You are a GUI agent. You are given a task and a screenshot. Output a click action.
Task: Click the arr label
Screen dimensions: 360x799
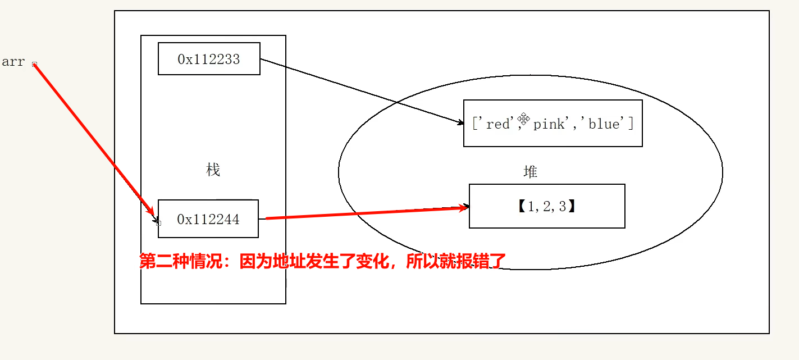pyautogui.click(x=13, y=62)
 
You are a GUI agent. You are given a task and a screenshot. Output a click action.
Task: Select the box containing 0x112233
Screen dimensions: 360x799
pyautogui.click(x=209, y=58)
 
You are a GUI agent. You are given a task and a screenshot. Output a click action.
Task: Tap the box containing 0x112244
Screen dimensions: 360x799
pyautogui.click(x=208, y=218)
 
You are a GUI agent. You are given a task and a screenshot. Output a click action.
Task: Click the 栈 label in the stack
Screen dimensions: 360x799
pyautogui.click(x=213, y=170)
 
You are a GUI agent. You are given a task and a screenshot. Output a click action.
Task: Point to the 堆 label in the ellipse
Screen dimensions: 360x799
pyautogui.click(x=530, y=172)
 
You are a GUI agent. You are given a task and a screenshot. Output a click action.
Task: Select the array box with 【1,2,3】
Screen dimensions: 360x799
pyautogui.click(x=547, y=206)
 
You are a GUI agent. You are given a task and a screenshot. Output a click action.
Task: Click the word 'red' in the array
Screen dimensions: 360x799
pyautogui.click(x=497, y=124)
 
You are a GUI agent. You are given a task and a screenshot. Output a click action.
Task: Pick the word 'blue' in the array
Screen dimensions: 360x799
pyautogui.click(x=604, y=124)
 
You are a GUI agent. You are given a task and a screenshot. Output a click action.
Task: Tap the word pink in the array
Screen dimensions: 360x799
pyautogui.click(x=549, y=124)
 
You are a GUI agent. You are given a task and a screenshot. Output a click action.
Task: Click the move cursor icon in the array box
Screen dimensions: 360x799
pyautogui.click(x=524, y=119)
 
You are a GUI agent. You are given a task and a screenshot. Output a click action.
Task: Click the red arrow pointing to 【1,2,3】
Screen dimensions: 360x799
pyautogui.click(x=365, y=213)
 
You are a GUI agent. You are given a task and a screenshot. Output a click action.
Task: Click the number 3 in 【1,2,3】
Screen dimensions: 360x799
pyautogui.click(x=563, y=207)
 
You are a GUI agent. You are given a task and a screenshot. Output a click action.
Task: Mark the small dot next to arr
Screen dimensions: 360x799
pyautogui.click(x=34, y=64)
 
